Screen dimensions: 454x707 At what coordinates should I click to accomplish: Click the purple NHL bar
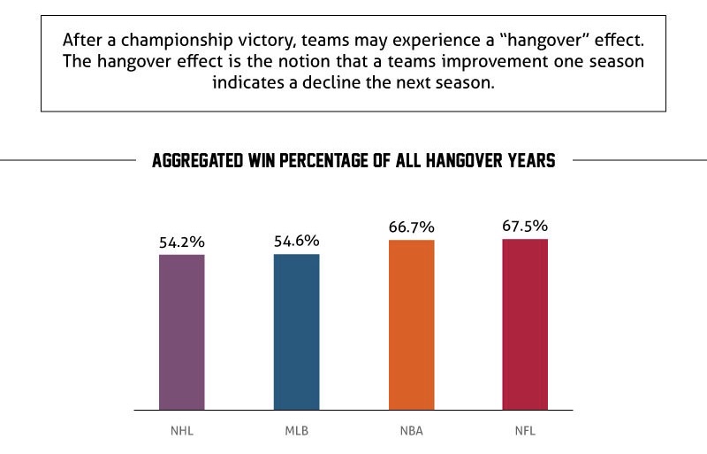[x=182, y=332]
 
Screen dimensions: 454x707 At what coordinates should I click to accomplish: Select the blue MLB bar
[x=296, y=332]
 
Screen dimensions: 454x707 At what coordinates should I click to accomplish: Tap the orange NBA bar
[x=411, y=325]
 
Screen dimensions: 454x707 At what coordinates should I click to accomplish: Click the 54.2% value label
[x=182, y=242]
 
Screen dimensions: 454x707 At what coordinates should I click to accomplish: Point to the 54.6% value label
[x=296, y=241]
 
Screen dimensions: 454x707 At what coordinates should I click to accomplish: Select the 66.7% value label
[x=411, y=227]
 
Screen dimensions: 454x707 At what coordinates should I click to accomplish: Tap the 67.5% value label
[x=525, y=226]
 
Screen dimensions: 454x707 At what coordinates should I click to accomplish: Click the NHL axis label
[x=182, y=433]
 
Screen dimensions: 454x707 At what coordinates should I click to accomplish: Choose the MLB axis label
[x=296, y=433]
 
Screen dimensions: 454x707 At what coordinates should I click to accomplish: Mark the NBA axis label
[x=411, y=433]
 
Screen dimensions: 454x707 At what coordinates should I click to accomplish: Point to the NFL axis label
[x=525, y=433]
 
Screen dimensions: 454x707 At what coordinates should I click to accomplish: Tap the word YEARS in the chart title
[x=529, y=162]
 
